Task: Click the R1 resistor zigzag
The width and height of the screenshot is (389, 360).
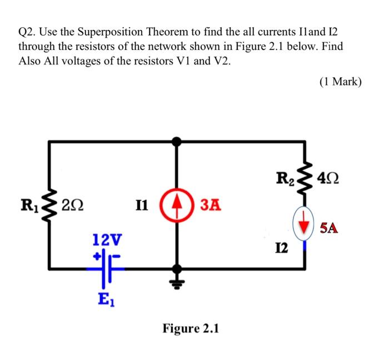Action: [50, 205]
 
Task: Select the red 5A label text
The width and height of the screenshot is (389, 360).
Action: [330, 228]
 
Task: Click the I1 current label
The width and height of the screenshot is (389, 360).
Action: [141, 205]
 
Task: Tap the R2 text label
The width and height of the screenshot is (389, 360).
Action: [283, 179]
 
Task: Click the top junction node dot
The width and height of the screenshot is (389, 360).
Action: [177, 142]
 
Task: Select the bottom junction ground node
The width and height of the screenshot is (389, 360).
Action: [177, 270]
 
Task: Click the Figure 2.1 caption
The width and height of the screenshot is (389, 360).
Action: [191, 328]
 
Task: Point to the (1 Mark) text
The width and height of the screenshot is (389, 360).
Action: [341, 82]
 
